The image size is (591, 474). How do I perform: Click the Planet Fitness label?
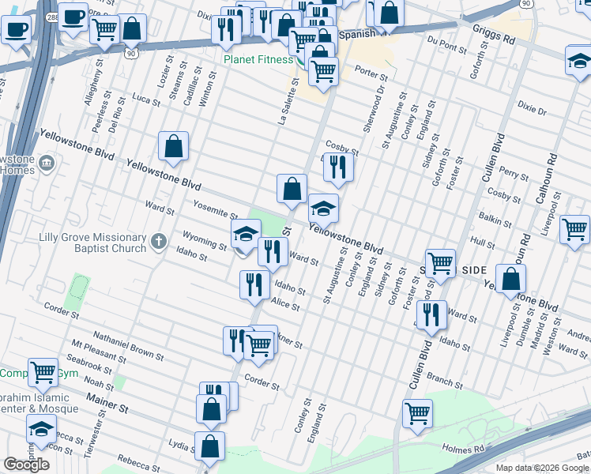click(257, 58)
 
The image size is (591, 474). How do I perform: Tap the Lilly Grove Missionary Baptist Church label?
click(93, 243)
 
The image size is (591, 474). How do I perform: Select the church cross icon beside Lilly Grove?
click(158, 240)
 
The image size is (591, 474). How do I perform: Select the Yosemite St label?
click(215, 209)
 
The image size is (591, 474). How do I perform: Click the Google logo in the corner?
click(26, 464)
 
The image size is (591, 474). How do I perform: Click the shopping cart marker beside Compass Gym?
click(42, 371)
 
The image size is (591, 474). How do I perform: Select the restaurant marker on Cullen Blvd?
click(431, 314)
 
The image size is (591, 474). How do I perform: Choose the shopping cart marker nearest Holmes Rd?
click(417, 412)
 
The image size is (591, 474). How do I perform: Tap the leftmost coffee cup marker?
click(15, 32)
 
